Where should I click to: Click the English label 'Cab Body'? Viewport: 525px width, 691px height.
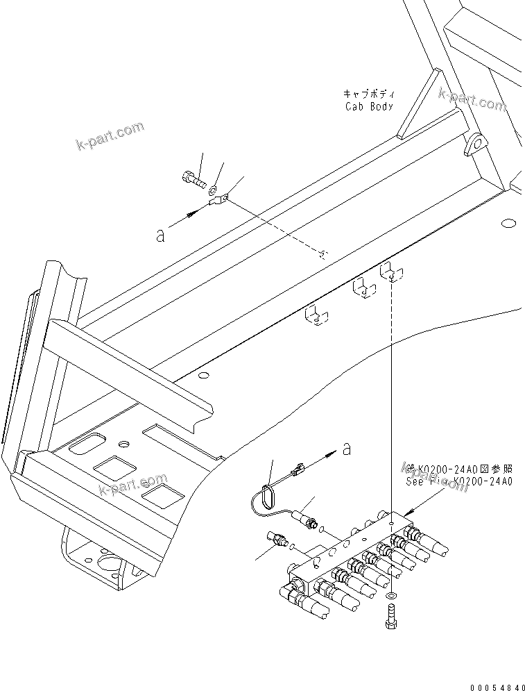point(370,106)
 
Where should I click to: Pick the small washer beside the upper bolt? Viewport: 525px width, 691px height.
point(214,188)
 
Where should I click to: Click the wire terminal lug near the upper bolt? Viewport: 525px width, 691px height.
point(217,201)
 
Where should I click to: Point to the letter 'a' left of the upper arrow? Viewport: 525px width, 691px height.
point(160,235)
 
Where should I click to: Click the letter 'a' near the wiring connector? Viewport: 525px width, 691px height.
point(346,449)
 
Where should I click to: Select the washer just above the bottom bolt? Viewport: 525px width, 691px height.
point(393,596)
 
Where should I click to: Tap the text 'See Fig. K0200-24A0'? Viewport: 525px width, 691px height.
point(460,481)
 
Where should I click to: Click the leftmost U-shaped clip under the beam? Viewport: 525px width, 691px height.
point(316,316)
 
